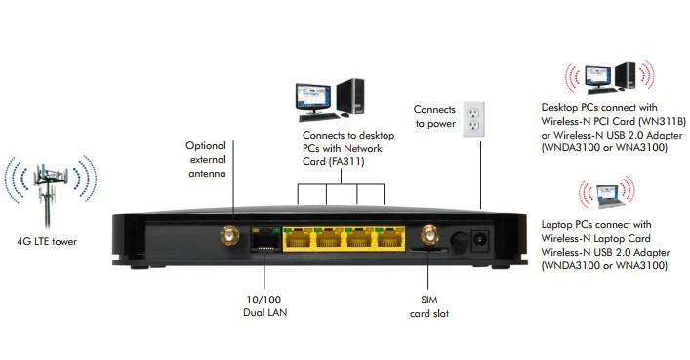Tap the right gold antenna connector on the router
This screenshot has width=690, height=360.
point(426,235)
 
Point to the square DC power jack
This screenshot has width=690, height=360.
point(481,237)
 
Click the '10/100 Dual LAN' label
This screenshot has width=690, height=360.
point(265,306)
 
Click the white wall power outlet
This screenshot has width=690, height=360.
point(473,120)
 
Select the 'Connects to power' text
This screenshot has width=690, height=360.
point(434,117)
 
